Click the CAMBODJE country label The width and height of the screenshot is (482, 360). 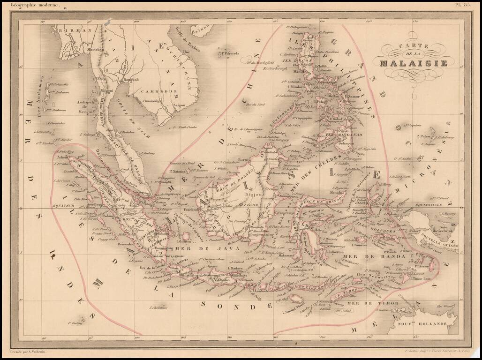tap(152, 91)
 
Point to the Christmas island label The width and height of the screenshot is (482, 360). tap(158, 307)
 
